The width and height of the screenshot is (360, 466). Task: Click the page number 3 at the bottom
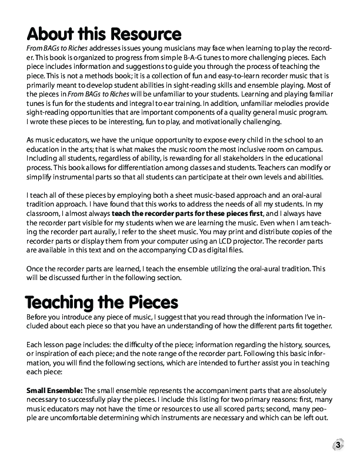[339, 445]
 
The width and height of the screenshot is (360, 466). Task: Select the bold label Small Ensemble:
[54, 390]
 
